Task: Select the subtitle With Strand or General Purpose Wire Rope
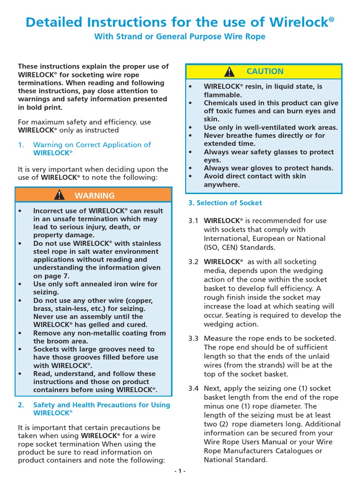[x=180, y=37]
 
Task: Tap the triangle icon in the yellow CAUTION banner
[x=229, y=72]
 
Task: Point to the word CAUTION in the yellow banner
[x=265, y=71]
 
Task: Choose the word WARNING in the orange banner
[x=94, y=195]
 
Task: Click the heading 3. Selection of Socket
[x=225, y=203]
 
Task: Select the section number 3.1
[x=193, y=221]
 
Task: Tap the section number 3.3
[x=193, y=338]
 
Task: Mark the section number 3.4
[x=193, y=389]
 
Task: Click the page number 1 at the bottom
[x=180, y=471]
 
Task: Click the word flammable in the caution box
[x=222, y=95]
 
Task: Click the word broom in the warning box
[x=58, y=341]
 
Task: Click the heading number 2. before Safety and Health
[x=21, y=405]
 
